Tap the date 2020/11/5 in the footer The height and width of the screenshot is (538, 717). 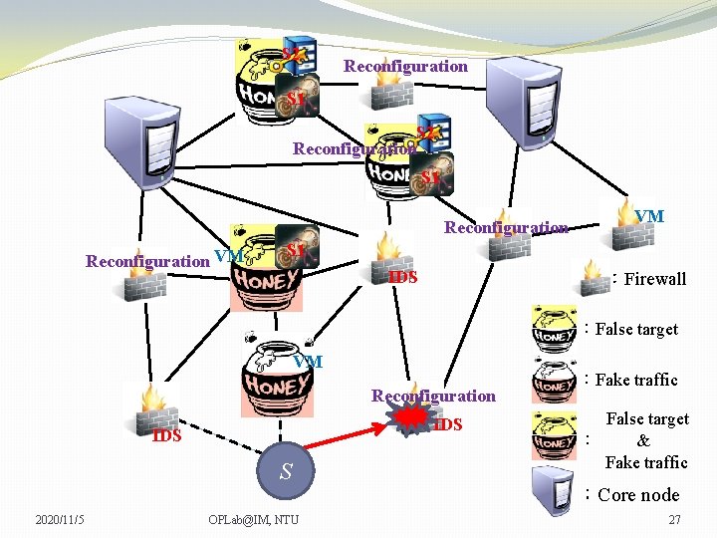60,519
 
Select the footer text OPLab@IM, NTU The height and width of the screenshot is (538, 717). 253,519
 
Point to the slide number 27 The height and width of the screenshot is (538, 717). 674,519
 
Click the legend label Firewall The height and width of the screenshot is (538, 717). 654,279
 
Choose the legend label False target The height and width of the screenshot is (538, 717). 636,329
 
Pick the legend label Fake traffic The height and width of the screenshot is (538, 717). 636,380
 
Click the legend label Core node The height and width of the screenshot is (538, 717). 638,495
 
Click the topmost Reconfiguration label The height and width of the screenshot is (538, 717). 405,67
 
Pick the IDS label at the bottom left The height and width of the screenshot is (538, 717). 166,435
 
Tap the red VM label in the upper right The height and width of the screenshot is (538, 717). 649,216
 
